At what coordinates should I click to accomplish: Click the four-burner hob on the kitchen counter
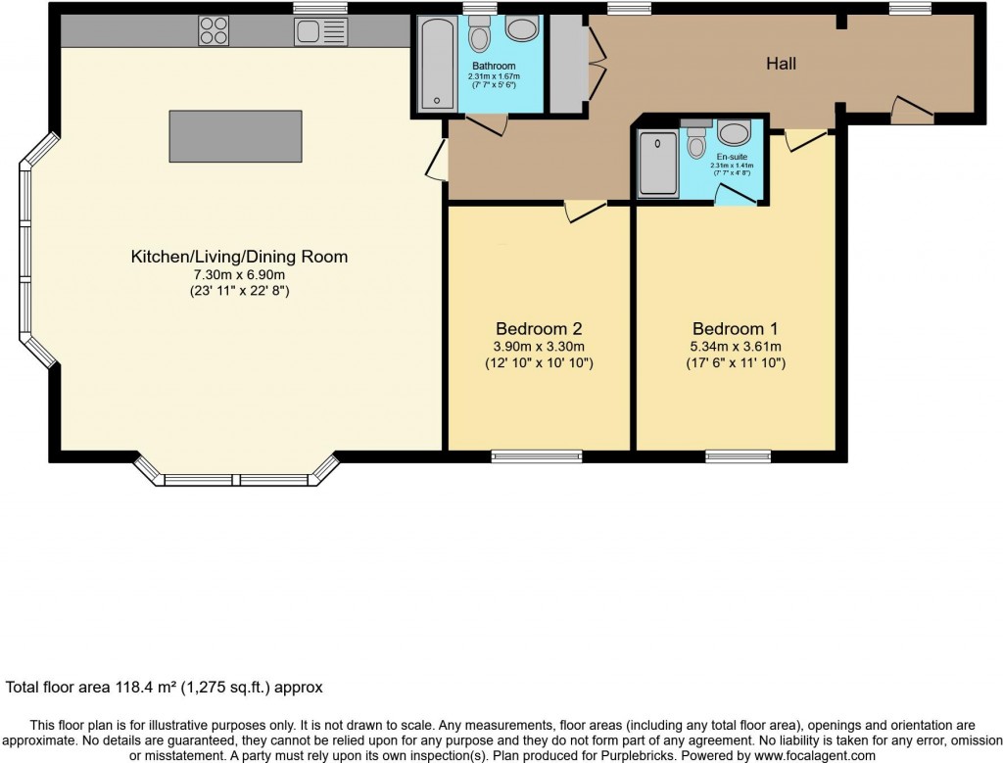click(215, 31)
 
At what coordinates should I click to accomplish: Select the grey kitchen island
click(235, 136)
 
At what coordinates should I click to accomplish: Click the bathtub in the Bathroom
click(432, 66)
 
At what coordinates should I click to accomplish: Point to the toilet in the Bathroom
click(480, 36)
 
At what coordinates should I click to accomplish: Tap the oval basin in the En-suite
click(733, 133)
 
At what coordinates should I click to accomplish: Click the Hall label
click(781, 64)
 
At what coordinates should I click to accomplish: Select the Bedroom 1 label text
click(735, 328)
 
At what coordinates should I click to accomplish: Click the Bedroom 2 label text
click(539, 328)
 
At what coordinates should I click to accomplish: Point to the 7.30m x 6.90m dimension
click(240, 274)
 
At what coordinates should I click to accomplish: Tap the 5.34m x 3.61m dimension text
click(735, 346)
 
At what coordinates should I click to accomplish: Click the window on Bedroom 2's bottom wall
click(536, 455)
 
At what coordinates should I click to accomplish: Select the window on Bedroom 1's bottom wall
click(738, 455)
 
